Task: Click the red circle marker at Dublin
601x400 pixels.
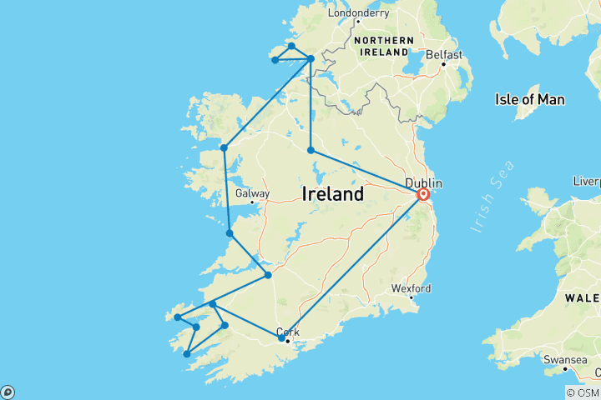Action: coord(422,195)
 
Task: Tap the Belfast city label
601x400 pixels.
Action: coord(442,53)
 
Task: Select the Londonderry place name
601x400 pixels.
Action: coord(360,12)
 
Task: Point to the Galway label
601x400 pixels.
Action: coord(251,192)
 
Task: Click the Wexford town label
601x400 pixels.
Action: coord(411,288)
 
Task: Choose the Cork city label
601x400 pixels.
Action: coord(287,330)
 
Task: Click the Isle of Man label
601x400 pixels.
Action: coord(530,100)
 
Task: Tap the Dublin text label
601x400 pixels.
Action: coord(422,182)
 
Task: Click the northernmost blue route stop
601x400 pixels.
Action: coord(291,46)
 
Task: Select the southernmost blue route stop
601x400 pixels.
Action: coord(187,354)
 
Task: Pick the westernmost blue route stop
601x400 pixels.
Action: coord(178,317)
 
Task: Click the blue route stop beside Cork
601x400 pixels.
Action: coord(281,338)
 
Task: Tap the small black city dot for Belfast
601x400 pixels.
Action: coord(444,64)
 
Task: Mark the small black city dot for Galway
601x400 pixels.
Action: coord(250,202)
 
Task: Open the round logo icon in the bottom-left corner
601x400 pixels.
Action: coord(8,392)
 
